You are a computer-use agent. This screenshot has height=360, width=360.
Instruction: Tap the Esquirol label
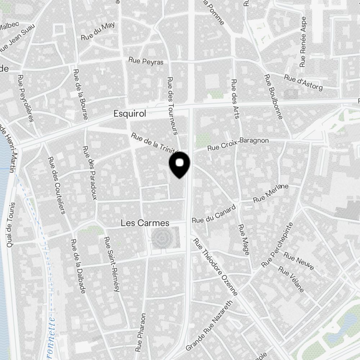click(x=130, y=114)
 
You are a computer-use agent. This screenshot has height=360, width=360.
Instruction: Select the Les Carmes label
click(x=145, y=223)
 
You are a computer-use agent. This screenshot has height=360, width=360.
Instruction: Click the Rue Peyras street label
click(x=146, y=61)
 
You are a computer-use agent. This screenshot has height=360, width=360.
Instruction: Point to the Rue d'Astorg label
click(x=303, y=82)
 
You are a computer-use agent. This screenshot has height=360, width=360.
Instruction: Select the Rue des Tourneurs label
click(x=173, y=105)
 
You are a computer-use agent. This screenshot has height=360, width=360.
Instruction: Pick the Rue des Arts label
click(x=235, y=99)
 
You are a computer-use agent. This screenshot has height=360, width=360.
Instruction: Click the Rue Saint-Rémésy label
click(x=112, y=264)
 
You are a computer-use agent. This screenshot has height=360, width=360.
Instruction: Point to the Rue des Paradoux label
click(x=90, y=173)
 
